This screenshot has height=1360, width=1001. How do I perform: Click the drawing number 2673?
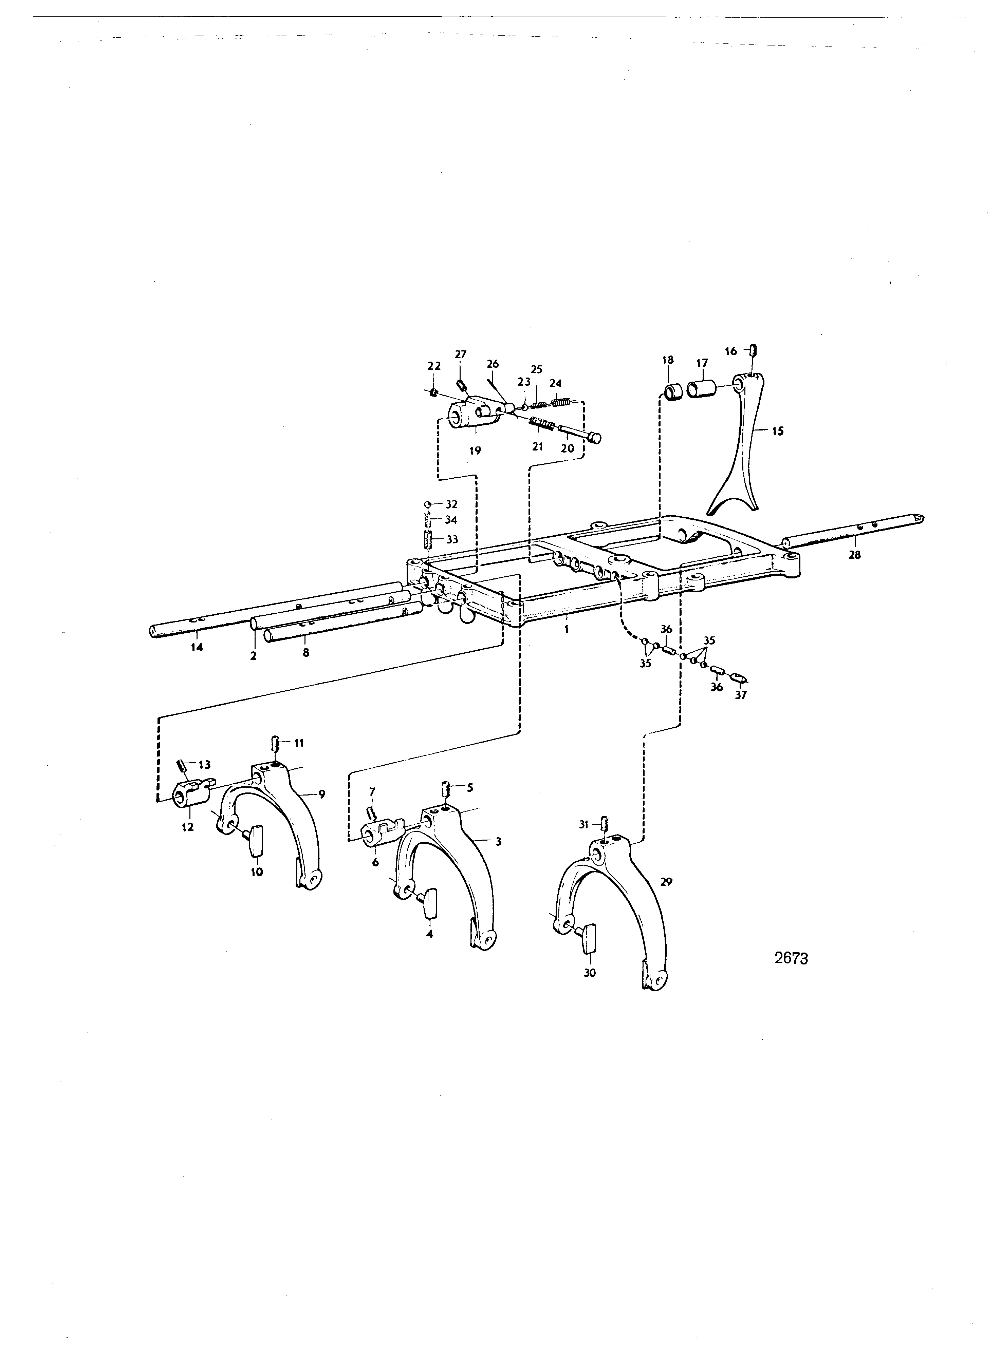791,959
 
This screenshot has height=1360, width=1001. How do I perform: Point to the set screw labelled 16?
754,350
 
